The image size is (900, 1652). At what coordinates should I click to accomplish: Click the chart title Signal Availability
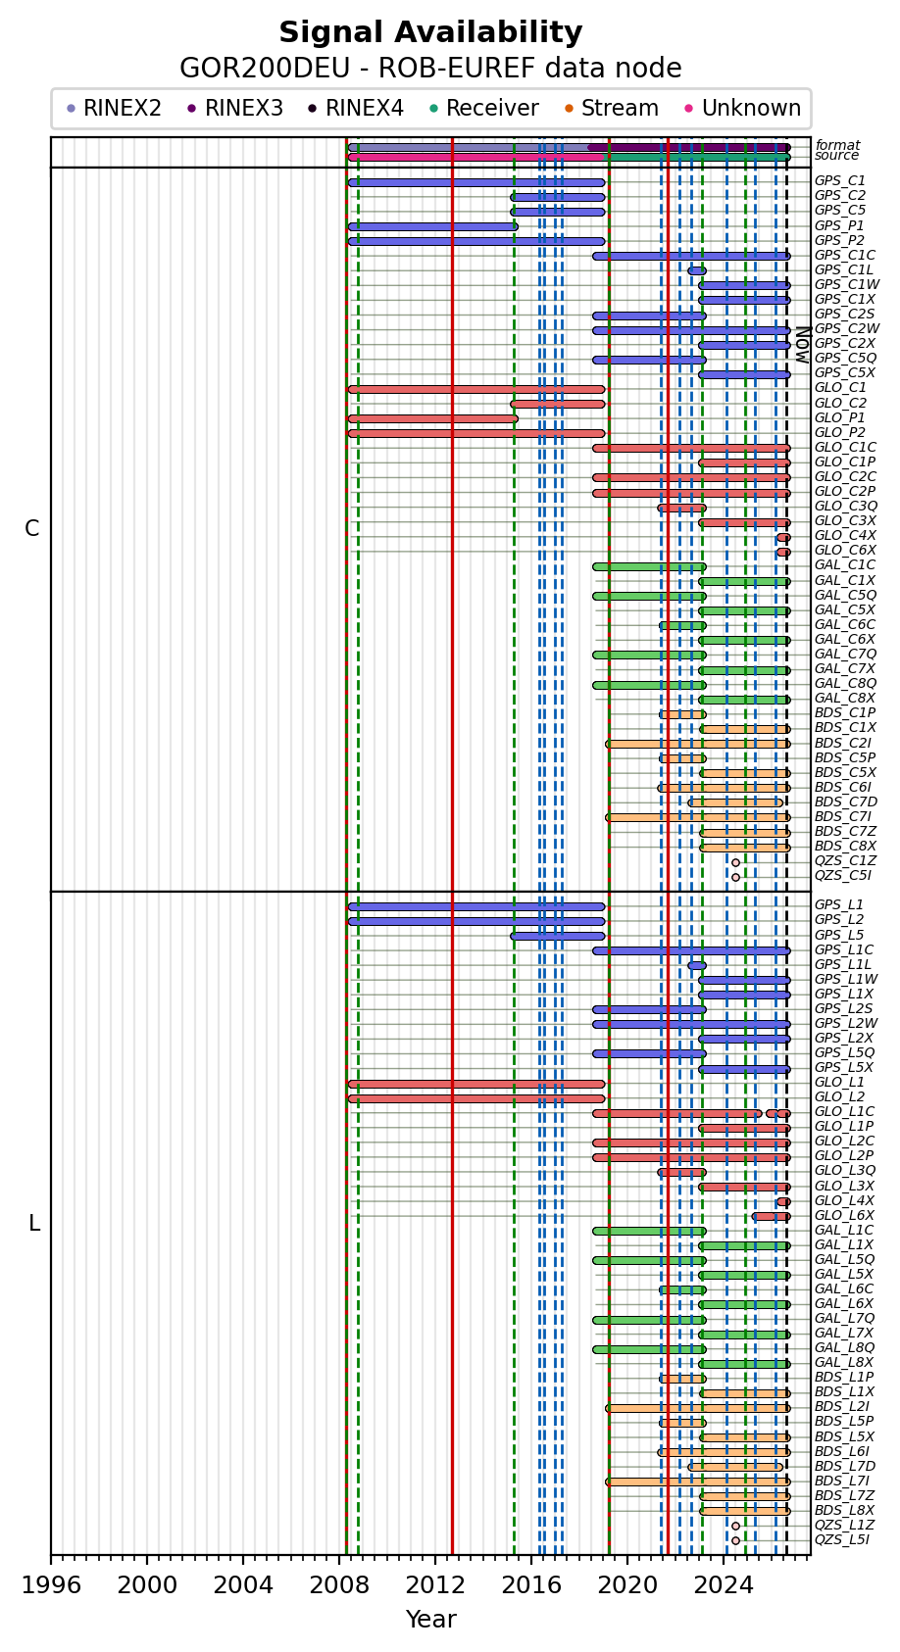pyautogui.click(x=430, y=32)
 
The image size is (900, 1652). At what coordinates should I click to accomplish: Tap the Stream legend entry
pyautogui.click(x=612, y=109)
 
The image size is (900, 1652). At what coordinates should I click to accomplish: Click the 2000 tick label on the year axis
pyautogui.click(x=147, y=1585)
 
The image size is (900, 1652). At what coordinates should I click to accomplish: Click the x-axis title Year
pyautogui.click(x=430, y=1620)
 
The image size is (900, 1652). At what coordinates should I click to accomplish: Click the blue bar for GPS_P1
pyautogui.click(x=432, y=226)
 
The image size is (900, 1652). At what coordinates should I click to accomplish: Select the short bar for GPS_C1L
pyautogui.click(x=697, y=270)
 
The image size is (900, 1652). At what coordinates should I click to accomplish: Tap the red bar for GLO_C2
pyautogui.click(x=558, y=404)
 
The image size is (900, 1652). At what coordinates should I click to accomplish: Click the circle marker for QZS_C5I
pyautogui.click(x=735, y=878)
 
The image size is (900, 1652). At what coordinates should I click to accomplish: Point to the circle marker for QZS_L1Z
pyautogui.click(x=735, y=1526)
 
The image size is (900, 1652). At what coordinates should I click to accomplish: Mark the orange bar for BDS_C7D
pyautogui.click(x=735, y=802)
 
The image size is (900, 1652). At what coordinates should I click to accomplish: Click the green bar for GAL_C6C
pyautogui.click(x=682, y=625)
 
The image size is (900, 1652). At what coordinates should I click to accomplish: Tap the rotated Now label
pyautogui.click(x=803, y=345)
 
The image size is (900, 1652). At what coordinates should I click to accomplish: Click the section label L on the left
pyautogui.click(x=34, y=1224)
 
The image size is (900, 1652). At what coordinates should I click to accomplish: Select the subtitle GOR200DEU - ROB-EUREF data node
pyautogui.click(x=430, y=68)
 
